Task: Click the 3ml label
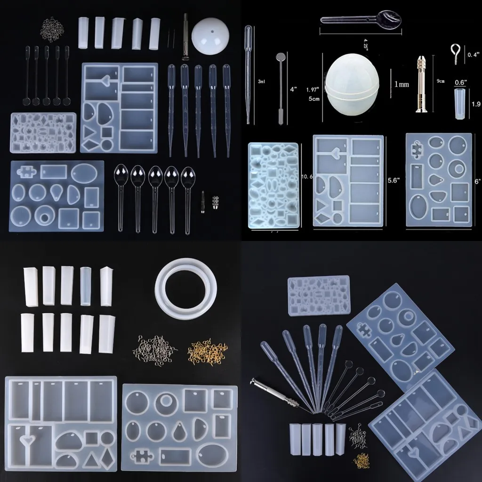[x=261, y=81]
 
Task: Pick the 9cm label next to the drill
[x=441, y=81]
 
